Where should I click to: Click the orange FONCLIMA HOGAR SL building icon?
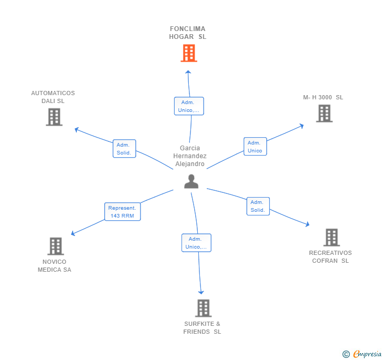click(x=188, y=53)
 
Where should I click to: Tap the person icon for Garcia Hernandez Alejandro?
click(x=191, y=181)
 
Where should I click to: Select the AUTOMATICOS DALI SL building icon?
click(x=54, y=117)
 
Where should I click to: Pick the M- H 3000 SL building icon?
click(x=324, y=113)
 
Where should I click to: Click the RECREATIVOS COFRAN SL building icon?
click(x=331, y=238)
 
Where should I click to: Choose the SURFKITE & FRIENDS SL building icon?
click(x=203, y=308)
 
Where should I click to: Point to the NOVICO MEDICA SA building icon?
click(x=55, y=246)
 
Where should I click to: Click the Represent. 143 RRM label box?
click(x=123, y=212)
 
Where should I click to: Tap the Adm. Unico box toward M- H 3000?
click(x=255, y=147)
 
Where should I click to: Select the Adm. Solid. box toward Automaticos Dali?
click(x=124, y=149)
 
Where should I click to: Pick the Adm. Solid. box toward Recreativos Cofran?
click(x=258, y=206)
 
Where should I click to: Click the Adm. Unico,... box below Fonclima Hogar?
click(x=189, y=106)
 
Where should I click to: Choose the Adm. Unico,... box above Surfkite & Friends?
click(x=197, y=243)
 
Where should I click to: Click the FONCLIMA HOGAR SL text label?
click(x=188, y=33)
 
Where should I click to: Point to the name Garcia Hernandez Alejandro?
click(x=190, y=156)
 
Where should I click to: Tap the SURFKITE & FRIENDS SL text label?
click(x=203, y=328)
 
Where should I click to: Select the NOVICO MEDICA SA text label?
click(x=54, y=266)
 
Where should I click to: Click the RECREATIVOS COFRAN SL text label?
click(x=330, y=257)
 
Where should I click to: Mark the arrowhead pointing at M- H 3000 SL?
click(x=301, y=125)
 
